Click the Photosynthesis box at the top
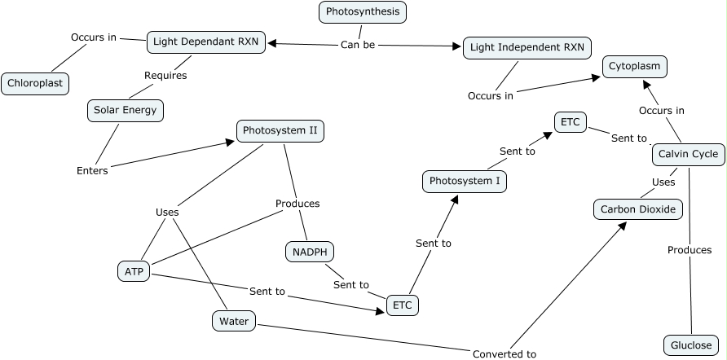tap(363, 11)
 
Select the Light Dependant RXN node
tap(206, 42)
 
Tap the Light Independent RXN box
tap(527, 47)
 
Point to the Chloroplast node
tap(35, 83)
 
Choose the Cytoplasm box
tap(635, 67)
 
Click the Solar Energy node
tap(126, 111)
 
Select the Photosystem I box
tap(465, 181)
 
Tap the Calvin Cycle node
tap(688, 154)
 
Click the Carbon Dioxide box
tap(638, 209)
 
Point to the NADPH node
tap(310, 252)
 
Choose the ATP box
tap(133, 271)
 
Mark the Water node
tap(233, 322)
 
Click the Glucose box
tap(691, 345)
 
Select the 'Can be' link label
tap(358, 45)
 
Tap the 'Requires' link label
tap(165, 76)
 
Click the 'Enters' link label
tap(92, 170)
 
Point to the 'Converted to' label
tap(504, 353)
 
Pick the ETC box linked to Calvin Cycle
tap(570, 122)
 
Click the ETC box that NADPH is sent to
tap(402, 305)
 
